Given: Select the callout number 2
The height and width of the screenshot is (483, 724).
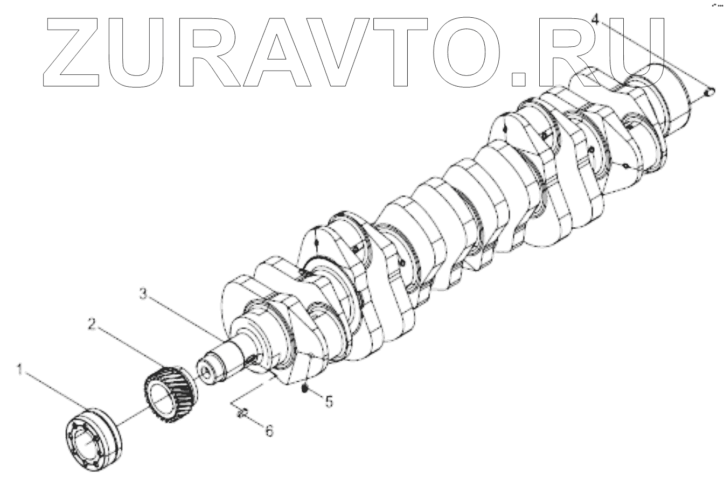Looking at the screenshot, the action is pyautogui.click(x=92, y=324).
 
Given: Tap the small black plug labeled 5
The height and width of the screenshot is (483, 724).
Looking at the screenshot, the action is pyautogui.click(x=304, y=388).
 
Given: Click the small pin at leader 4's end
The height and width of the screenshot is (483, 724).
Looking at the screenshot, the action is pyautogui.click(x=709, y=93).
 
